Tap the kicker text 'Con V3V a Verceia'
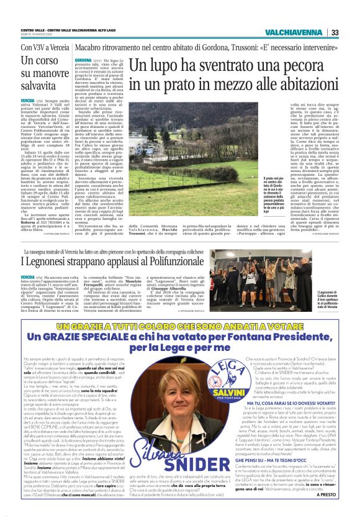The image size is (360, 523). click(43, 47)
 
